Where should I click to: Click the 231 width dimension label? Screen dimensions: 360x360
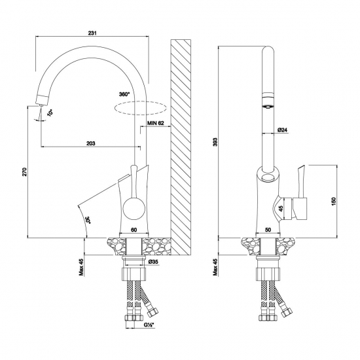tap(92, 33)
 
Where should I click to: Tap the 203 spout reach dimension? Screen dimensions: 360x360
tap(91, 143)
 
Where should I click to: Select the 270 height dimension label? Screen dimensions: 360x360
tap(25, 172)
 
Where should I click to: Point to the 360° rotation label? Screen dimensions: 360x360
tap(124, 94)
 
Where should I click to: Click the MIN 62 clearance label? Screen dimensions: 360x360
tap(156, 123)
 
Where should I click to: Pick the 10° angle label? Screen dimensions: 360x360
tap(50, 113)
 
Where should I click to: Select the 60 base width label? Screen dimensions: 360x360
tap(134, 230)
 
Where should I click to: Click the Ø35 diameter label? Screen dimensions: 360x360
tap(153, 262)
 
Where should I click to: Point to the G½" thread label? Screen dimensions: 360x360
tap(149, 325)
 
